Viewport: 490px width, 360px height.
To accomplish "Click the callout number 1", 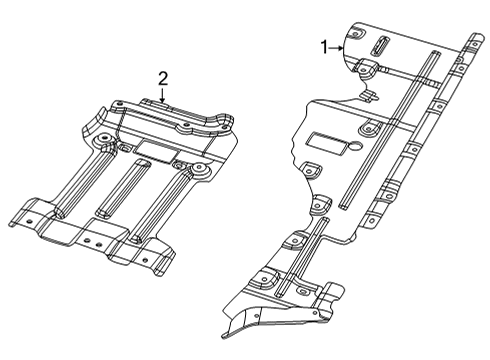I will (324, 46).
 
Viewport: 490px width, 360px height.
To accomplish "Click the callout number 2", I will (163, 76).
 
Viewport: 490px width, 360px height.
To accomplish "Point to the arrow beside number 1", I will (340, 47).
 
